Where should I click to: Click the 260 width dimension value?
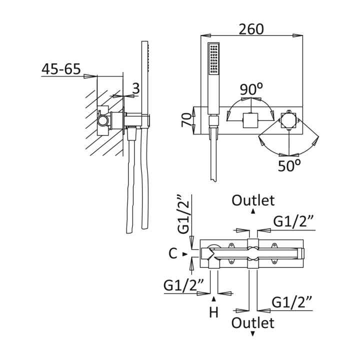(x=250, y=29)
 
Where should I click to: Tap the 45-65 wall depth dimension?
(x=61, y=69)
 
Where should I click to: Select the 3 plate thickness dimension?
(x=135, y=88)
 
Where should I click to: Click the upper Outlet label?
(x=253, y=200)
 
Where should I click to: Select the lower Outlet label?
(x=253, y=322)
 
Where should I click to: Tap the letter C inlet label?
(x=173, y=254)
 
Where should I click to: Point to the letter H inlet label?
(x=214, y=313)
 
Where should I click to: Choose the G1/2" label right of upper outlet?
(x=293, y=220)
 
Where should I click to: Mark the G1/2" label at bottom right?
(x=292, y=301)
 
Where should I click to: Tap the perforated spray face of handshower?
(x=215, y=59)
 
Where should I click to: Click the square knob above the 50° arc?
(x=288, y=120)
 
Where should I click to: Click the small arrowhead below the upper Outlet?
(x=253, y=211)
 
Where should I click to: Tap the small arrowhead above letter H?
(x=214, y=298)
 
